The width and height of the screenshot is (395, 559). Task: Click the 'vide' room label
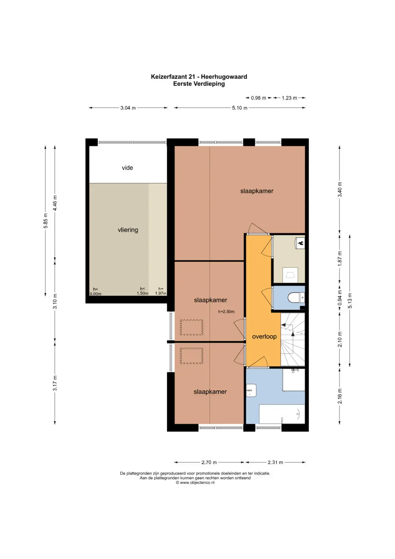click(127, 168)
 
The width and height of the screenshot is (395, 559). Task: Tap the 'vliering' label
click(128, 230)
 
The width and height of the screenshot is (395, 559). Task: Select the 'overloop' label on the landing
click(264, 336)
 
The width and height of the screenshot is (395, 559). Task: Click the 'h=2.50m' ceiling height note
click(226, 312)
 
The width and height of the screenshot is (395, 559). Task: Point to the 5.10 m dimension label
click(240, 108)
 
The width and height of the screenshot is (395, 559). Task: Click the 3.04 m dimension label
click(128, 108)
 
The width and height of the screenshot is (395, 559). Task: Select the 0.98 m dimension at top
click(258, 98)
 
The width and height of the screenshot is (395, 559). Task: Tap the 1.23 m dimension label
click(289, 98)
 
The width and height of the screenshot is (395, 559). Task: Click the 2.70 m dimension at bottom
click(209, 462)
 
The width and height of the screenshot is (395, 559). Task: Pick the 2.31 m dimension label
click(275, 462)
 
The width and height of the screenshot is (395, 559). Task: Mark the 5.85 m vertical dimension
click(45, 221)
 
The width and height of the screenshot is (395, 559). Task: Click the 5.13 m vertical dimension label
click(350, 300)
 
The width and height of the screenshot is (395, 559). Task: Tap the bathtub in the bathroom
click(282, 414)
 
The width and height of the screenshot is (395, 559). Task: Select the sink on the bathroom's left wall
click(251, 390)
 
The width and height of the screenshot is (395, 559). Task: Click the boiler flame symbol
click(301, 243)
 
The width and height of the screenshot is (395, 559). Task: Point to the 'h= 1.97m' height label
click(161, 291)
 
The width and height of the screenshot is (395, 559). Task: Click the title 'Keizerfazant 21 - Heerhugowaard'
click(199, 77)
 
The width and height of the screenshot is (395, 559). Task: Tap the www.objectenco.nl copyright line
click(195, 482)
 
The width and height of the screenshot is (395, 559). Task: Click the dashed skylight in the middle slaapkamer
click(191, 327)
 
